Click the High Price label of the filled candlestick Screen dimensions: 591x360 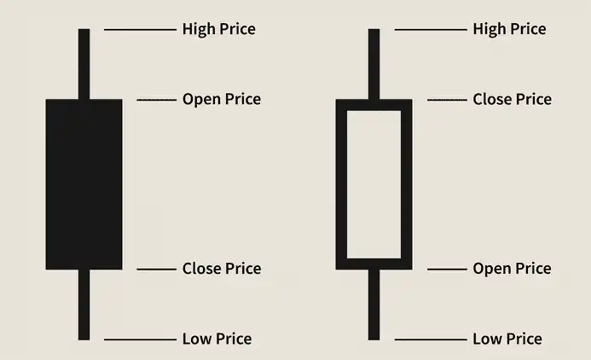point(219,29)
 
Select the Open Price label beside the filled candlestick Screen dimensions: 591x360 point(222,100)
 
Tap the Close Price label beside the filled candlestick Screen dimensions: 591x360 point(222,269)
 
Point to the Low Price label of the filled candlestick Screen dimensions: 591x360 point(217,339)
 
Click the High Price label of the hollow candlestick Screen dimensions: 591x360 point(510,29)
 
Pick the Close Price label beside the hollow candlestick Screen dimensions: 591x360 point(513,100)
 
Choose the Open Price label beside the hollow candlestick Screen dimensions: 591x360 point(513,269)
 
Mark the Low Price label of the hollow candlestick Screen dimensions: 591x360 point(507,339)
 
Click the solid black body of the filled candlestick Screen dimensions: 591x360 point(84,184)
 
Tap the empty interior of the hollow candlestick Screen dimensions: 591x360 point(374,184)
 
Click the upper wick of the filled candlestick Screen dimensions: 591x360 point(84,64)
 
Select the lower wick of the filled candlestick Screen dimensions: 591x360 point(84,305)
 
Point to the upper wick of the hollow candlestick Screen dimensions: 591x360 point(374,64)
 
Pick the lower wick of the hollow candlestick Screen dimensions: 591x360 point(374,305)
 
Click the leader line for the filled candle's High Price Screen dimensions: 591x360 point(140,29)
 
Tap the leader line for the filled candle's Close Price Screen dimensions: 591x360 point(156,270)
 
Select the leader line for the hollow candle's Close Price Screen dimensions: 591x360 point(447,100)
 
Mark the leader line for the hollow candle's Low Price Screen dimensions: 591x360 point(431,340)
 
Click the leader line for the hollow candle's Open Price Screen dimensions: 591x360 point(447,270)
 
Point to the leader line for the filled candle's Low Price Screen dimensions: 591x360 point(140,340)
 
